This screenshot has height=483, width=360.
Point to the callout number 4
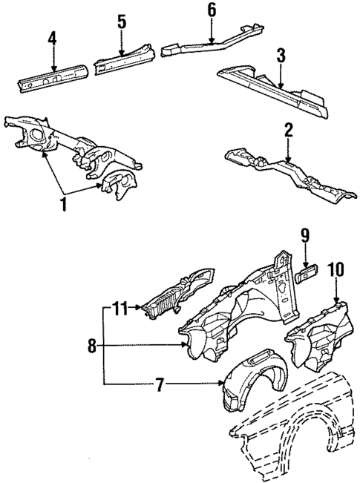[x=52, y=38]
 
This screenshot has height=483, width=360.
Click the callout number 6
[x=212, y=10]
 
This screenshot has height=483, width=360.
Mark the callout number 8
[x=91, y=346]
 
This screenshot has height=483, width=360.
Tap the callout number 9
[x=304, y=237]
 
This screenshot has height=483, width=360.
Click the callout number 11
[x=121, y=306]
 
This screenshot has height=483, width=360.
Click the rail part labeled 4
[x=52, y=77]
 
